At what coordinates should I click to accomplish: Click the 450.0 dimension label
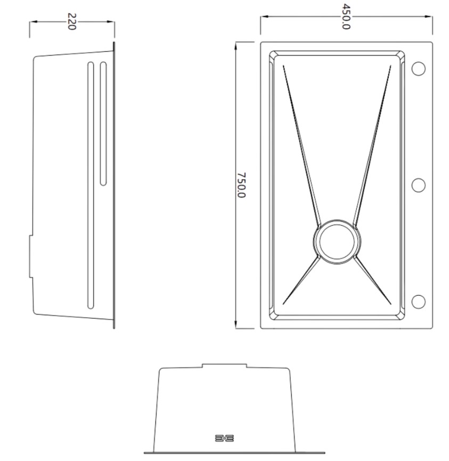(346, 17)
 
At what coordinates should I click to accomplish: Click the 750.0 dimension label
(241, 185)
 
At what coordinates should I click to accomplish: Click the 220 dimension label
(72, 21)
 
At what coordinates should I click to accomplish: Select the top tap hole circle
(419, 69)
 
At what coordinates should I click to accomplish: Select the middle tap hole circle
(419, 185)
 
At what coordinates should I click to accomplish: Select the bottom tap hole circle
(419, 302)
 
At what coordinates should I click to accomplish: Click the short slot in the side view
(103, 124)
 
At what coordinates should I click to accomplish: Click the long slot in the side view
(91, 185)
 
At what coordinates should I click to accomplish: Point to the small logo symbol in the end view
(224, 438)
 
